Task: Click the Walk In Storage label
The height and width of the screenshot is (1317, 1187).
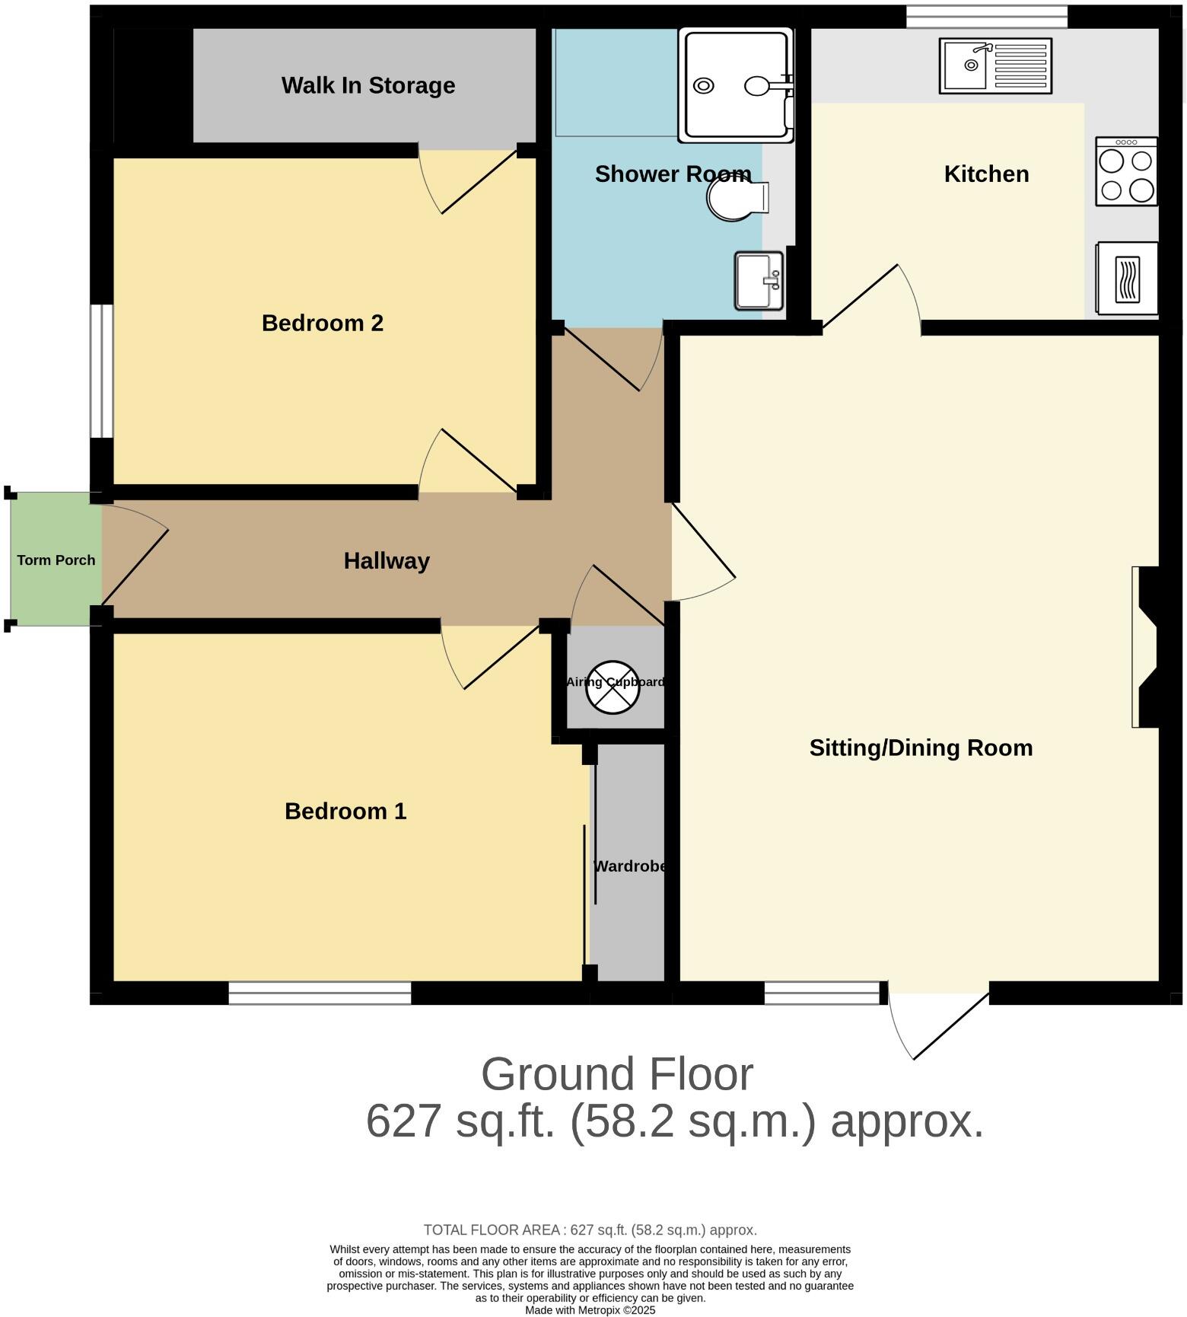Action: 368,85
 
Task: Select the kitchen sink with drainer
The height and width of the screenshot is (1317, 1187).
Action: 995,66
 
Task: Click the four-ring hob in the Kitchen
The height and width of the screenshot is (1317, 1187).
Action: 1126,172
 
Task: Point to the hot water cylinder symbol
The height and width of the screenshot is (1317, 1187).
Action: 613,687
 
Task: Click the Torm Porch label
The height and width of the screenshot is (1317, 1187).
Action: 56,560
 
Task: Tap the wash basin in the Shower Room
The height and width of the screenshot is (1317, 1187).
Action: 758,282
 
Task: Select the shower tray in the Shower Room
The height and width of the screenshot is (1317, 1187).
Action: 735,85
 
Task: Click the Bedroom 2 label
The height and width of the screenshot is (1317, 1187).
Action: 323,323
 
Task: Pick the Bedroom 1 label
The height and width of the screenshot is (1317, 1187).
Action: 345,812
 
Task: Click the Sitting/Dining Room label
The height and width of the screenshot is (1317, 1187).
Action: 921,748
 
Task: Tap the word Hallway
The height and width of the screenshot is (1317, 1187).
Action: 387,561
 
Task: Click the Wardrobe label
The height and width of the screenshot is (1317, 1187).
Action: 630,866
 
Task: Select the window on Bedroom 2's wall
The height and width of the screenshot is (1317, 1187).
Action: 101,372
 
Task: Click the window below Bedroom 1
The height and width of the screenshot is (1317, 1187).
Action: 320,993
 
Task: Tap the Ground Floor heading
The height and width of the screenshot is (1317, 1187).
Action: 616,1074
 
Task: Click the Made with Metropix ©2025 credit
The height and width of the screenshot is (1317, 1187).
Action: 590,1310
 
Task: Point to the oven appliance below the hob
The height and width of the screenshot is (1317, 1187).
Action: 1127,278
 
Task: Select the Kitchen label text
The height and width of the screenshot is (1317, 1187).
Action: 986,174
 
